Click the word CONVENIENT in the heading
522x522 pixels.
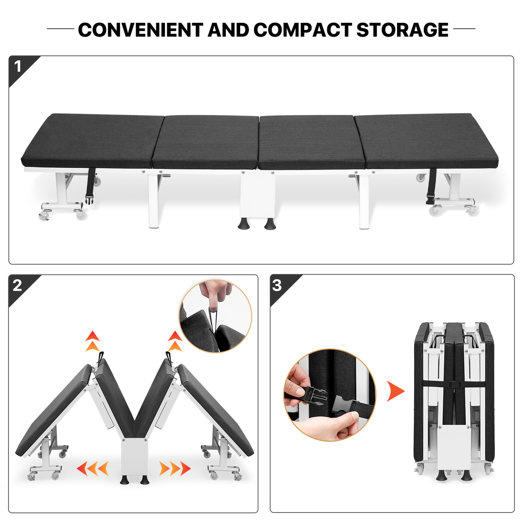coord(141,30)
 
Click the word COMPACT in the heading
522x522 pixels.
coord(303,30)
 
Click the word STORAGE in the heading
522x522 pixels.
coord(402,30)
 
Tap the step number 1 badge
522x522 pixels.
coord(18,66)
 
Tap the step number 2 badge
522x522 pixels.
coord(17,285)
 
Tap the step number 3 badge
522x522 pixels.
coord(277,285)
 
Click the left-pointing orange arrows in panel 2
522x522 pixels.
coord(92,469)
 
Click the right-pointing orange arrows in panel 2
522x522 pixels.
coord(175,469)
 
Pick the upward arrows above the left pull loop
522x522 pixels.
coord(92,341)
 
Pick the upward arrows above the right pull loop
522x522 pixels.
coord(175,341)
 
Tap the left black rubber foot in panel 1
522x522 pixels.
coord(243,224)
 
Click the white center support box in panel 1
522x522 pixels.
coord(258,195)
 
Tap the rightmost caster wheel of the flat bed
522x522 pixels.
coord(472,211)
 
